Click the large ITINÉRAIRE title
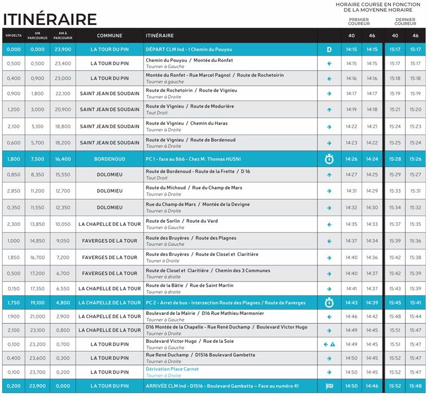pyautogui.click(x=50, y=19)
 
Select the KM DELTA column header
pyautogui.click(x=13, y=36)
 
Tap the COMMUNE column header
pyautogui.click(x=109, y=36)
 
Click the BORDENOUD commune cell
pyautogui.click(x=109, y=160)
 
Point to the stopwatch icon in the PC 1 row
pyautogui.click(x=329, y=160)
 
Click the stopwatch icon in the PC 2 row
pyautogui.click(x=329, y=303)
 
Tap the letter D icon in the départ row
pyautogui.click(x=329, y=49)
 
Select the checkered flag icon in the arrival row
pyautogui.click(x=329, y=386)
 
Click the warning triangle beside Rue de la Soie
pyautogui.click(x=332, y=344)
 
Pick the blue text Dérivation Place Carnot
pyautogui.click(x=172, y=369)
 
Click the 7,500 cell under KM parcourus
pyautogui.click(x=37, y=160)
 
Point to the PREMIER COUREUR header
pyautogui.click(x=358, y=22)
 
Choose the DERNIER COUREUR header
pyautogui.click(x=405, y=22)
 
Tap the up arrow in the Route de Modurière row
pyautogui.click(x=329, y=110)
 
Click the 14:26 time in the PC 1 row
pyautogui.click(x=351, y=160)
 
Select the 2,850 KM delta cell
pyautogui.click(x=13, y=191)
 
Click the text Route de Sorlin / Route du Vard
pyautogui.click(x=182, y=221)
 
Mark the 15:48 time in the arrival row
pyautogui.click(x=415, y=386)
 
